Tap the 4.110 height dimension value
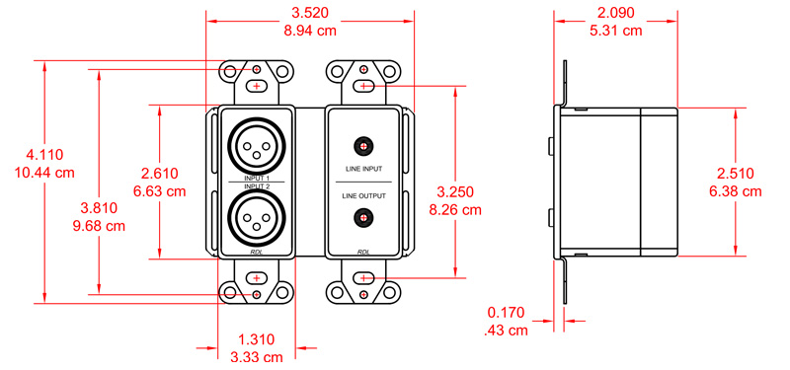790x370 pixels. point(44,155)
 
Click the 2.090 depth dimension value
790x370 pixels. point(616,15)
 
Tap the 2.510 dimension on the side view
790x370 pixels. point(739,173)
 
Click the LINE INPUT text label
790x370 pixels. point(364,169)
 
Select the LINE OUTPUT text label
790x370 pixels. point(364,196)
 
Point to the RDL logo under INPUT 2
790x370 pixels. point(257,253)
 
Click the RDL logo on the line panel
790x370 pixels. point(364,253)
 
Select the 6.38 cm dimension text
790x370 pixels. point(739,190)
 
